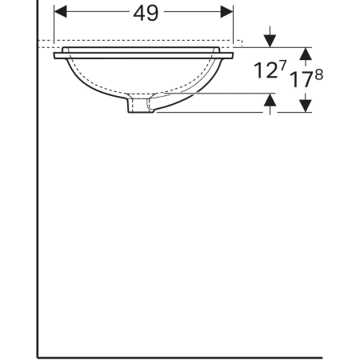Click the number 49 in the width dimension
pos(146,13)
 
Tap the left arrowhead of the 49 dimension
pos(60,11)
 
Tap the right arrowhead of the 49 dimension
pos(226,11)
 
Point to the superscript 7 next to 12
pos(282,65)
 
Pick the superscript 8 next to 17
pos(319,75)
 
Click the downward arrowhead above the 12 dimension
pos(270,41)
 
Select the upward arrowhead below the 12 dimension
pos(270,100)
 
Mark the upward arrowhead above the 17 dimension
pos(306,54)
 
